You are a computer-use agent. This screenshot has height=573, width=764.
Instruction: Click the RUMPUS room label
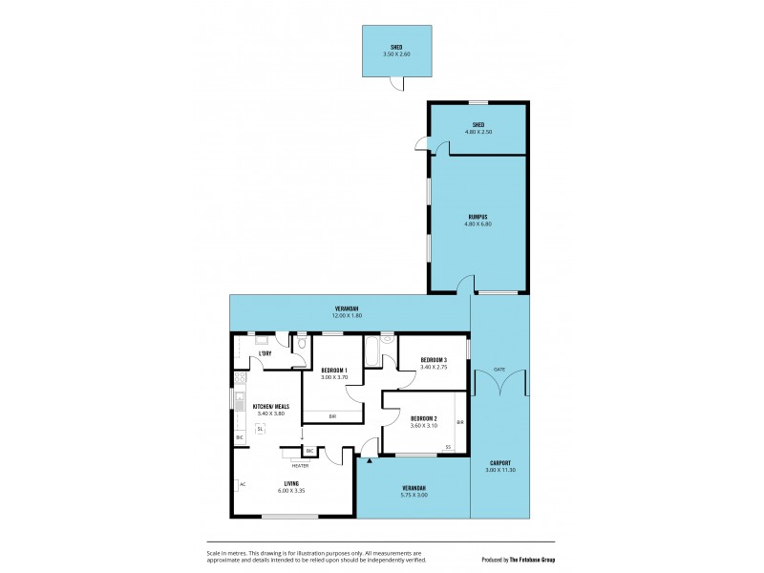coord(477,217)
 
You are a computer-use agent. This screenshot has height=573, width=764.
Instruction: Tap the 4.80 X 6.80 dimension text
coord(477,224)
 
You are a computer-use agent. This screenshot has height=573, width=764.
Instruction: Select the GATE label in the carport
coord(499,369)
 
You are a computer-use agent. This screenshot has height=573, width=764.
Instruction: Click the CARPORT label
coord(499,462)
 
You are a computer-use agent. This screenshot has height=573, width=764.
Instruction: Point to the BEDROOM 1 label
coord(333,370)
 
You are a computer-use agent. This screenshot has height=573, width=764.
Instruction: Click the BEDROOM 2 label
coord(423,417)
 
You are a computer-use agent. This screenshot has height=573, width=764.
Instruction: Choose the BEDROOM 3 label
coord(434,359)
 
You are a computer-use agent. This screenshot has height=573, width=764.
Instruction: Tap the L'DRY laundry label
coord(266,354)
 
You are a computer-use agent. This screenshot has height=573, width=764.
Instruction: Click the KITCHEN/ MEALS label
coord(271,406)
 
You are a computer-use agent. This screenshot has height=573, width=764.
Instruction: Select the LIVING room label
coord(290,484)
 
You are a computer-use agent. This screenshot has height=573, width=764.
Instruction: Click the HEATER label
coord(300,466)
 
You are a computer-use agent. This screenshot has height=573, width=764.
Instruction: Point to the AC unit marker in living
coord(242,484)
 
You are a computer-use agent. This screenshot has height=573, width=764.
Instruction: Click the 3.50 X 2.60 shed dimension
coord(395,54)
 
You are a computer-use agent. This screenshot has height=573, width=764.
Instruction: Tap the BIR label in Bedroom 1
coord(332,416)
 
